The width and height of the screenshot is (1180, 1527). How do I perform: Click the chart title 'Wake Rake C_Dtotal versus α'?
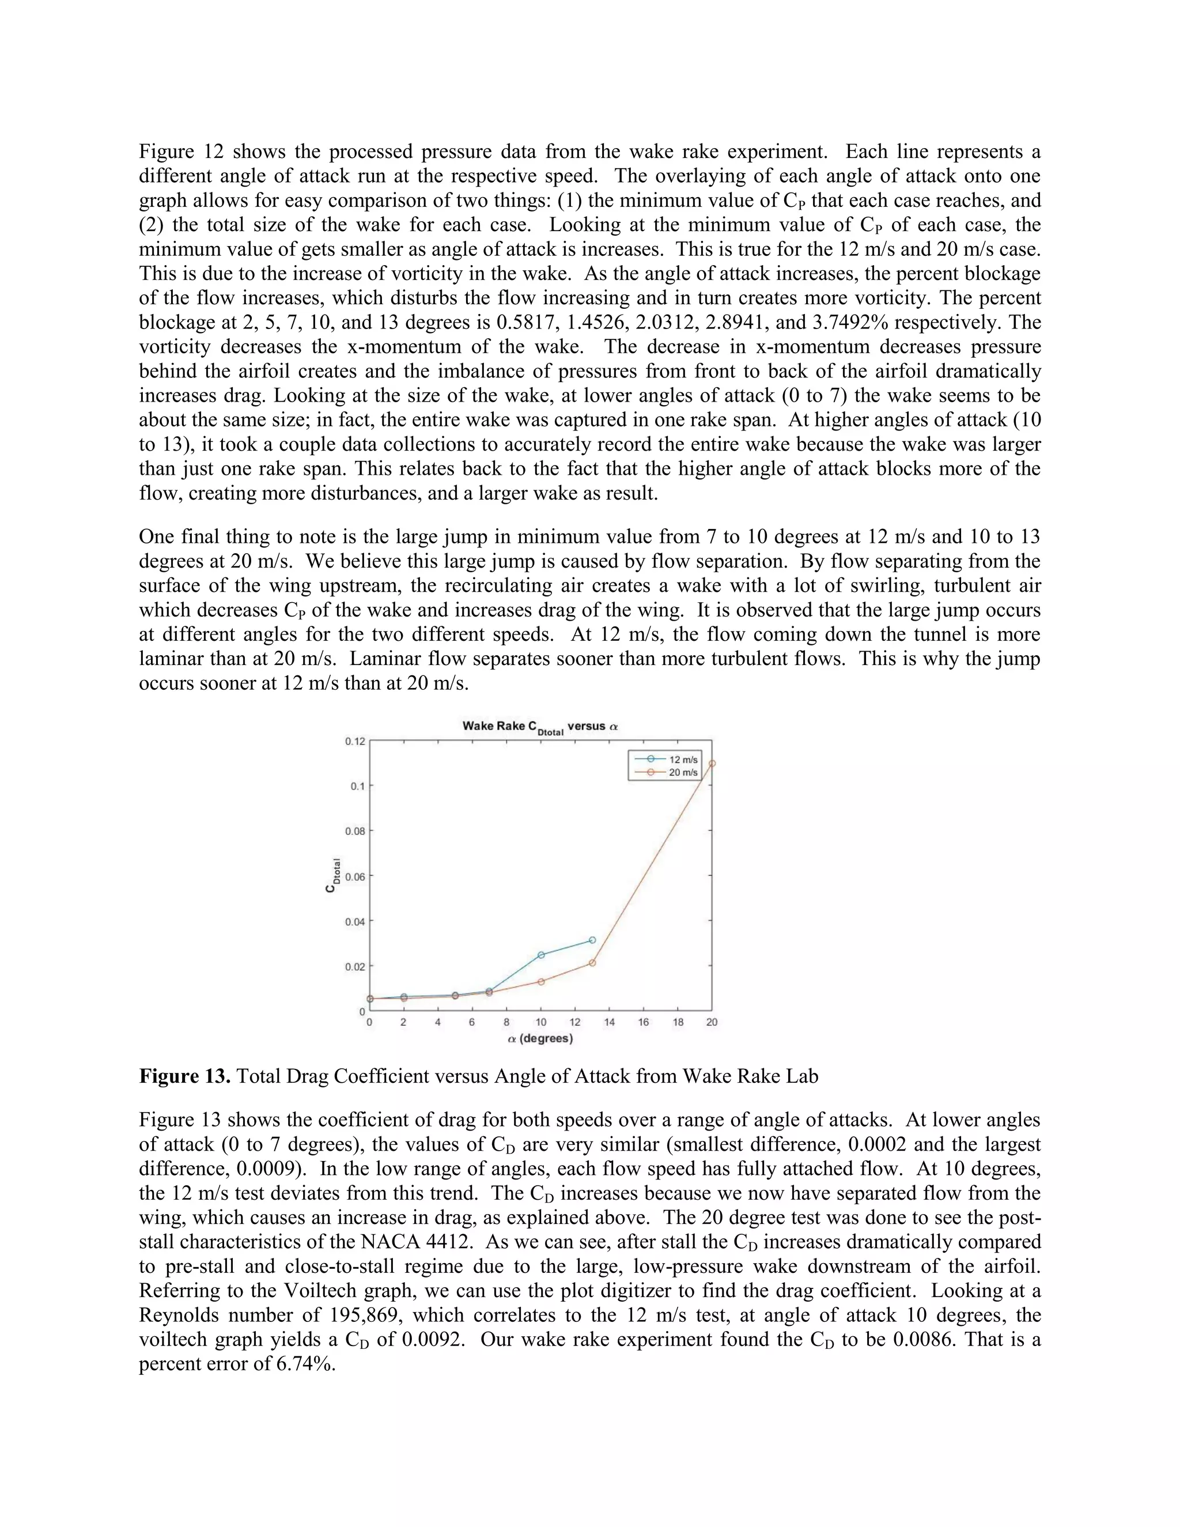click(540, 727)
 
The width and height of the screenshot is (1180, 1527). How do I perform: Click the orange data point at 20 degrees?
click(712, 763)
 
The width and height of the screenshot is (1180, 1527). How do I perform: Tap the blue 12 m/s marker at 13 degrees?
click(592, 940)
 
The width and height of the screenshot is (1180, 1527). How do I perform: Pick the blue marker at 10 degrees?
click(541, 955)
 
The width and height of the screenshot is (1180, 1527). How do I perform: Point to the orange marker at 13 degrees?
click(592, 963)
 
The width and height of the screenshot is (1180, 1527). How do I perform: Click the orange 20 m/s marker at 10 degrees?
click(541, 982)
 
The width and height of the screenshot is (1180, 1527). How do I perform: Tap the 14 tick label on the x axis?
click(609, 1022)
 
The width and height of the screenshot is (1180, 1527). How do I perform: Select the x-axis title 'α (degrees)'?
click(540, 1039)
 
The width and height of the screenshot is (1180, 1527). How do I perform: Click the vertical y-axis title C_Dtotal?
click(333, 875)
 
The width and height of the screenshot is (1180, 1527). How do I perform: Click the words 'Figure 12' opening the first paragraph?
click(180, 152)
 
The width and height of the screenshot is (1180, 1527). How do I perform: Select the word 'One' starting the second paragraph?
click(157, 537)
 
